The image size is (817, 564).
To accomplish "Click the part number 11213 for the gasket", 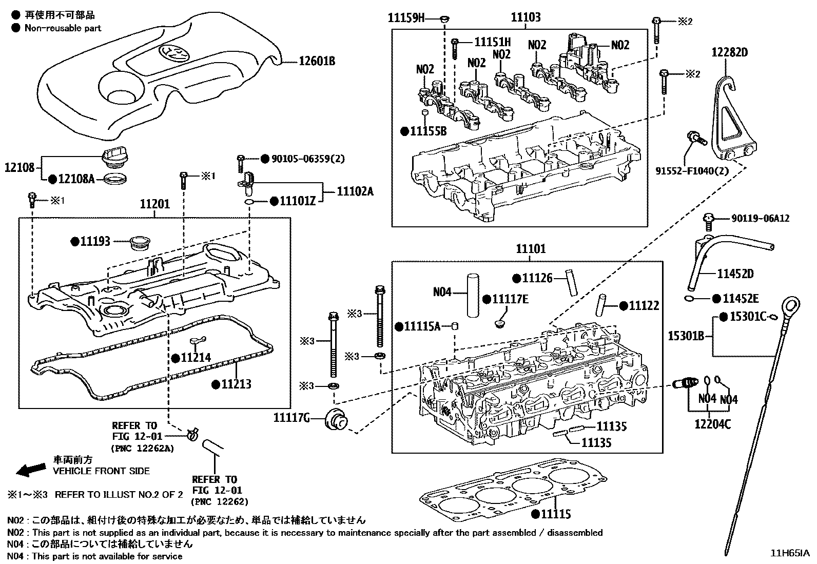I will [x=236, y=384].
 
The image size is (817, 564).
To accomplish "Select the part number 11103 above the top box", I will [x=525, y=17].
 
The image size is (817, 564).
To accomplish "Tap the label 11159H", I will [x=406, y=19].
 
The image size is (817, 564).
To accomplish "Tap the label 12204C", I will [x=712, y=424].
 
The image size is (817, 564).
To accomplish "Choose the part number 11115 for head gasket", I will [x=556, y=514].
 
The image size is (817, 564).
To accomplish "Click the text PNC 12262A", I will [x=143, y=448].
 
